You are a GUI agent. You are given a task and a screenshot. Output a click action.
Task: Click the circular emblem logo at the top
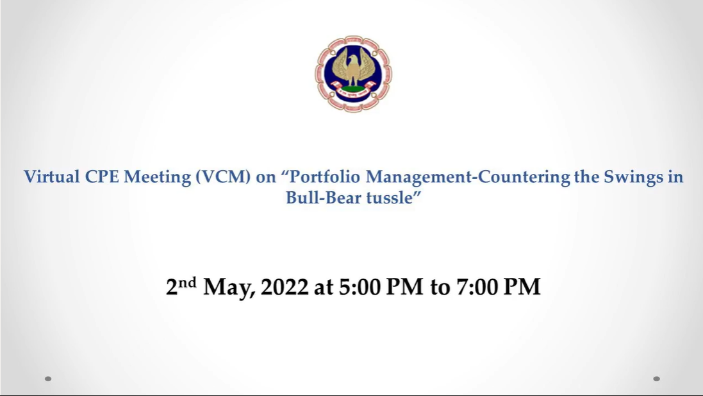point(353,74)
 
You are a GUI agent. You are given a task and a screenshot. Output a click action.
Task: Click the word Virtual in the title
point(51,176)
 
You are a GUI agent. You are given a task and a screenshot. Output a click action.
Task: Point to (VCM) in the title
point(223,177)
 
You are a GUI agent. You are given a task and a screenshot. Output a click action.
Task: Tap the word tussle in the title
point(389,198)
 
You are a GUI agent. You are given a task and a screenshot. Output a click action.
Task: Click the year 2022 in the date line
point(285,287)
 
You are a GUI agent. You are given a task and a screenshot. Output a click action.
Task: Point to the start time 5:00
point(358,287)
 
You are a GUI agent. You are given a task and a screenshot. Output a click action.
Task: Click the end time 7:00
point(477,287)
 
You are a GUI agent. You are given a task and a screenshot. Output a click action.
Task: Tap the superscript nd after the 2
point(187,282)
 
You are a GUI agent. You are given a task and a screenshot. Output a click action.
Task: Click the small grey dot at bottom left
point(48,379)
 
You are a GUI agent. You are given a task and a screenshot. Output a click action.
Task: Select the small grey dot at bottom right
point(656,379)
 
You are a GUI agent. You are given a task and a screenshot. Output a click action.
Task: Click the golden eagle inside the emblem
point(353,67)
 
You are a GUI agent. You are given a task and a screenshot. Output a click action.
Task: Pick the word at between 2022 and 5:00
point(323,288)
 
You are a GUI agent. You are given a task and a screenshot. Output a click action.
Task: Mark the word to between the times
point(440,288)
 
